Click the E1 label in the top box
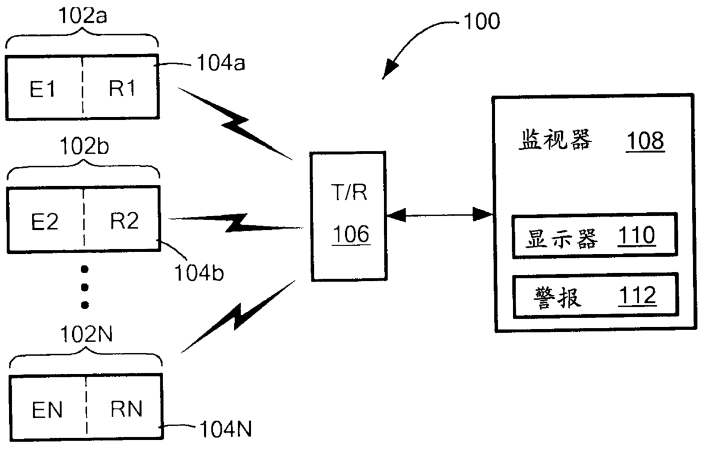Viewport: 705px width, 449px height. (x=43, y=89)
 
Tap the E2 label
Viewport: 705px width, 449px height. (x=45, y=222)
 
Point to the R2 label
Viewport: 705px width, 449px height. (x=125, y=221)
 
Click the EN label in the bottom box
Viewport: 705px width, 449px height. (x=47, y=410)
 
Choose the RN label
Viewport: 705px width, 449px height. (x=127, y=409)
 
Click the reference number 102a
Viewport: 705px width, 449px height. (x=83, y=16)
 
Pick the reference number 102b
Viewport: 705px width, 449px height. (x=84, y=146)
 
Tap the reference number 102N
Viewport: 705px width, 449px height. (x=86, y=334)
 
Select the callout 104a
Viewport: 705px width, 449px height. (x=221, y=63)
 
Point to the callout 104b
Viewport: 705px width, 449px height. (x=199, y=273)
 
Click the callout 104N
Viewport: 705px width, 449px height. (x=226, y=429)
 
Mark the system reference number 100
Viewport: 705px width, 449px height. (x=482, y=21)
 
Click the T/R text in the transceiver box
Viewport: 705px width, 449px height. (x=349, y=192)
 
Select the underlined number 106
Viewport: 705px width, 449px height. (x=351, y=234)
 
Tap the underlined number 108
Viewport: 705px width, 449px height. (x=645, y=141)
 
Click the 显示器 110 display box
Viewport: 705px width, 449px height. (x=595, y=236)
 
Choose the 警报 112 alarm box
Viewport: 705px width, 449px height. (x=595, y=295)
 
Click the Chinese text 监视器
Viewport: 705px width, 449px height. (x=555, y=139)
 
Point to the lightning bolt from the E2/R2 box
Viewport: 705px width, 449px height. (x=236, y=223)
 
